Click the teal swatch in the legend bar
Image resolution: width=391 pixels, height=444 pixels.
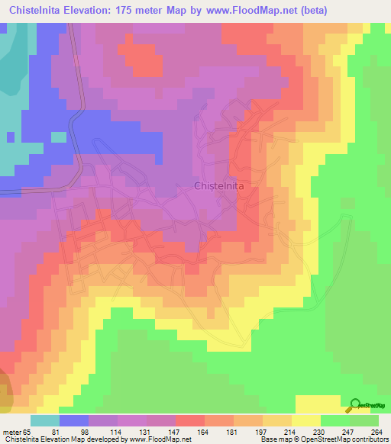coord(45,420)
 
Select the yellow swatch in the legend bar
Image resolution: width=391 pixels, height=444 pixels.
coord(306,420)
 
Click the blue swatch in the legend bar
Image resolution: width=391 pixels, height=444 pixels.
coord(74,420)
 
